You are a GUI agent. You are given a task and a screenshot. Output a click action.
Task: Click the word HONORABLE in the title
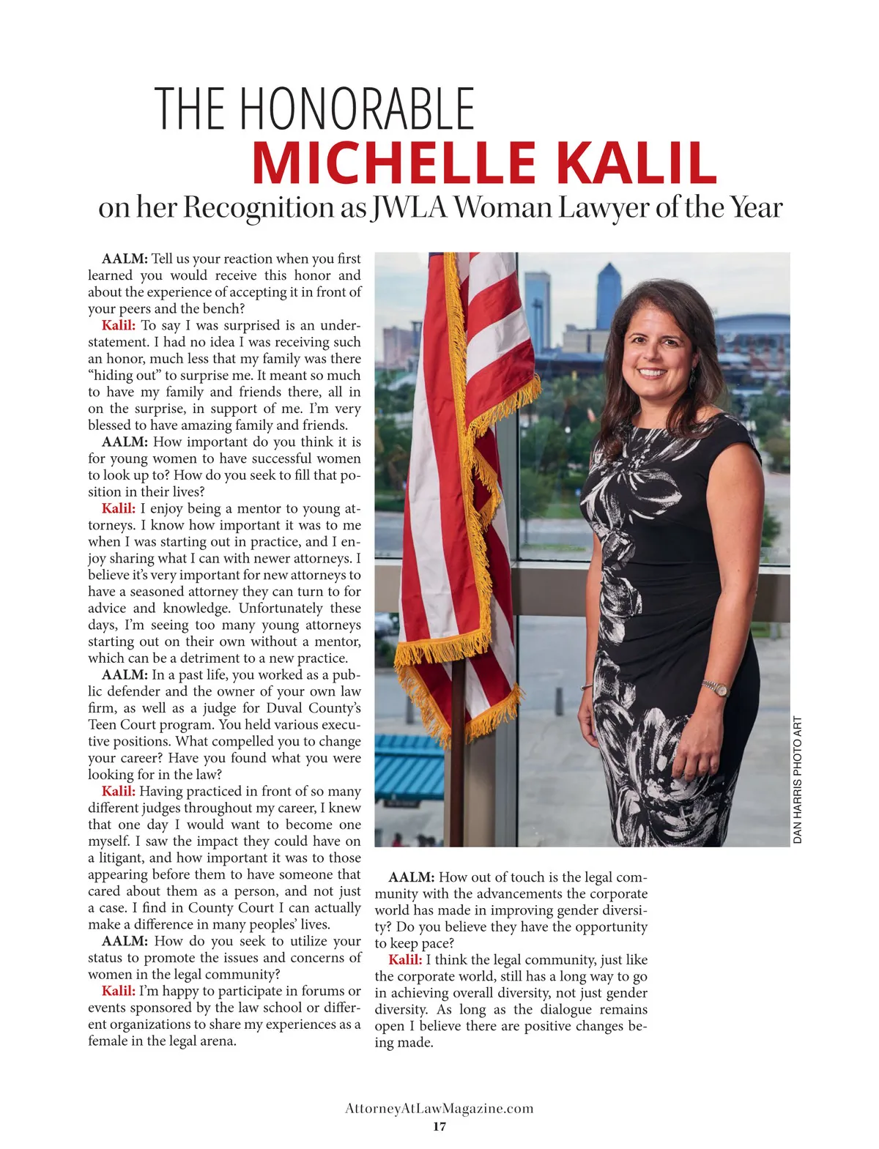[x=357, y=108]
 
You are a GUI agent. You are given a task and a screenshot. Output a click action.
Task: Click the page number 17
[x=439, y=1126]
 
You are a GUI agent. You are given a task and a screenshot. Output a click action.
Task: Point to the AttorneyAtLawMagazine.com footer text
[x=439, y=1109]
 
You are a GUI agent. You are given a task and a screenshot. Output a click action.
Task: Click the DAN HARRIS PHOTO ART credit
[x=798, y=779]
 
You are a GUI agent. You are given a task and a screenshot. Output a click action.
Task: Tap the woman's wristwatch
[x=717, y=688]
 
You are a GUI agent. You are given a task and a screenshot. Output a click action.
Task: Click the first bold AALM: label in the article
[x=125, y=259]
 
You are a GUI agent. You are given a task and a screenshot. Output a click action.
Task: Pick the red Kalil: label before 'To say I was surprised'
[x=119, y=326]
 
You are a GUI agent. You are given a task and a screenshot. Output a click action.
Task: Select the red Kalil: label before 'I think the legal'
[x=405, y=960]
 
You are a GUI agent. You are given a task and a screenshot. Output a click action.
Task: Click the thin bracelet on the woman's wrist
[x=586, y=687]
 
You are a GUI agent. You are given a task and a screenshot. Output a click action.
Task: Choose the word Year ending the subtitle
[x=755, y=208]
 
